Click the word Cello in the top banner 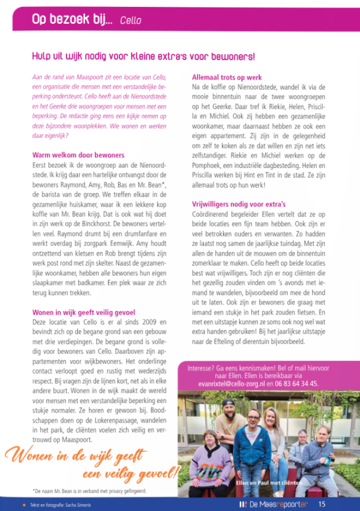[131, 21]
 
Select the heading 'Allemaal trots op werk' [227, 77]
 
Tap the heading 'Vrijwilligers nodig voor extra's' [238, 204]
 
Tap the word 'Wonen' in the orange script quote [29, 456]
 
